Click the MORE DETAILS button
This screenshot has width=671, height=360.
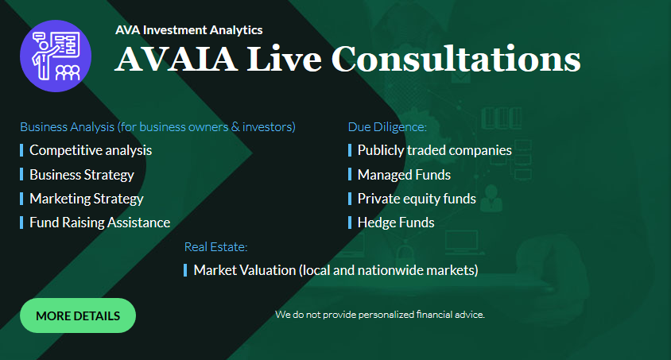pyautogui.click(x=78, y=315)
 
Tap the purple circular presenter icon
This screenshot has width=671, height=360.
pyautogui.click(x=56, y=56)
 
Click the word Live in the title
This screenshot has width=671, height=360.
pyautogui.click(x=284, y=59)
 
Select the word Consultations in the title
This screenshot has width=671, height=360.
pyautogui.click(x=456, y=59)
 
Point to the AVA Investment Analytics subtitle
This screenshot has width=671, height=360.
pyautogui.click(x=188, y=30)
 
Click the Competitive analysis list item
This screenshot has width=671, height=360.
pyautogui.click(x=91, y=150)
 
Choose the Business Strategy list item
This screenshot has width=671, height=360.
pyautogui.click(x=82, y=175)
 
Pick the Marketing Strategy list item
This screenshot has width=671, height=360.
pyautogui.click(x=87, y=199)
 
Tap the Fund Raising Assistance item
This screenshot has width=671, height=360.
pyautogui.click(x=99, y=223)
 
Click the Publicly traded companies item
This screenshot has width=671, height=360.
pyautogui.click(x=434, y=150)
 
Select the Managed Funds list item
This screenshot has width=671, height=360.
pyautogui.click(x=404, y=175)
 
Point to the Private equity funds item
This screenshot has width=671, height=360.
pyautogui.click(x=417, y=199)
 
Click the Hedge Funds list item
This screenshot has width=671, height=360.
pyautogui.click(x=396, y=223)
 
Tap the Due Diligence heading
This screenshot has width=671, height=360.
pyautogui.click(x=387, y=127)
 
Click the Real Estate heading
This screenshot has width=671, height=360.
pyautogui.click(x=215, y=246)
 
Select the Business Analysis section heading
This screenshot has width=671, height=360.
pyautogui.click(x=157, y=127)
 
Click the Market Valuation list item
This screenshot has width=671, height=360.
pyautogui.click(x=336, y=270)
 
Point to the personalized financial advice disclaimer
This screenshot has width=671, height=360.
pyautogui.click(x=380, y=315)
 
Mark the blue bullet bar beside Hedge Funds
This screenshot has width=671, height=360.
pyautogui.click(x=350, y=223)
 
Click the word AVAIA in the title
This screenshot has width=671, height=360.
pyautogui.click(x=176, y=59)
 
